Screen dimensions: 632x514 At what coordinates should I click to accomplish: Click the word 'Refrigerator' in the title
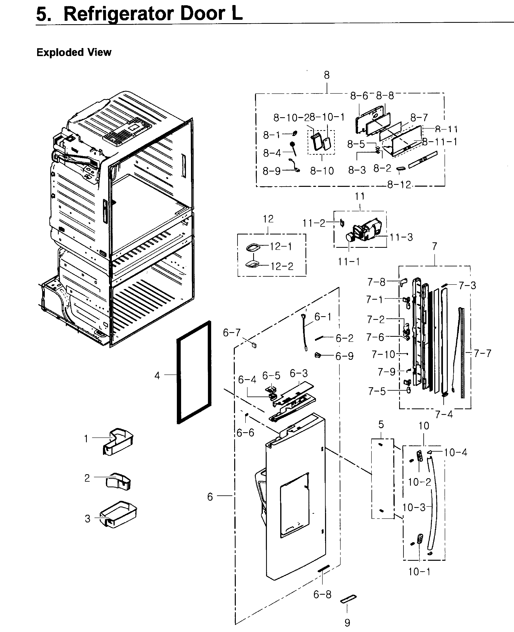coord(119,14)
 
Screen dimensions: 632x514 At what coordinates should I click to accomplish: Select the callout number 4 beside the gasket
coord(157,376)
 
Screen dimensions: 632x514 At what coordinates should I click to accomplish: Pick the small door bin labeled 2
coord(119,481)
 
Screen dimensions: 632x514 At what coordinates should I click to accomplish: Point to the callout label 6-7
coord(232,333)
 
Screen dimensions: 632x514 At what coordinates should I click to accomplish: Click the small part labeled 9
coord(348,599)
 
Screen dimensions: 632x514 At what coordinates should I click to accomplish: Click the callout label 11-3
coord(401,237)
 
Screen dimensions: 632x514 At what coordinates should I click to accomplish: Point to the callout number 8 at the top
coord(327,75)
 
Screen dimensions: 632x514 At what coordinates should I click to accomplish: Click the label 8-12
coord(399,185)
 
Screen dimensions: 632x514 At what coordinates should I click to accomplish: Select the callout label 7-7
coord(482,353)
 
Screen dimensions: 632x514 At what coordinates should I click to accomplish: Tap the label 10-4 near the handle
coord(455,452)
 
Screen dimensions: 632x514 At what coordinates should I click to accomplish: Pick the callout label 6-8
coord(322,594)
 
